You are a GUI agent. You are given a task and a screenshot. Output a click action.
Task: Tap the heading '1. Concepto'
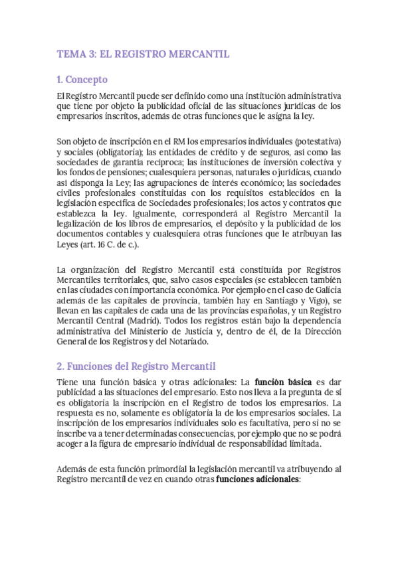(82, 80)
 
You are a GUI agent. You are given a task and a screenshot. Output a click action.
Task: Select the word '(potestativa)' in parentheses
(315, 141)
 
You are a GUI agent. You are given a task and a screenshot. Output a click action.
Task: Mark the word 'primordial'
(154, 468)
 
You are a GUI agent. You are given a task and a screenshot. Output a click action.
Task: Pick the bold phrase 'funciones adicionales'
(258, 479)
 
